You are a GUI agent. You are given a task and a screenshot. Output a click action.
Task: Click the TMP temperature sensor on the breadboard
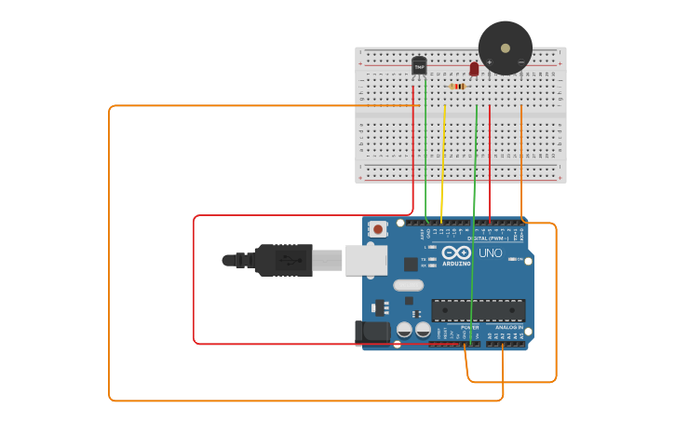tap(419, 66)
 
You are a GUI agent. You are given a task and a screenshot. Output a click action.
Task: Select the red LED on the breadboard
tap(474, 69)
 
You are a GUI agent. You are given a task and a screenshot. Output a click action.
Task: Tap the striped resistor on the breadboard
tap(457, 87)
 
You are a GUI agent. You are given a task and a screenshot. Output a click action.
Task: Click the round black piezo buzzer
tap(506, 48)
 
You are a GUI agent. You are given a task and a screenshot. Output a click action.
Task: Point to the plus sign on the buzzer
tap(490, 62)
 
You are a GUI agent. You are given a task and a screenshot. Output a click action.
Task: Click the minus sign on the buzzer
tap(520, 62)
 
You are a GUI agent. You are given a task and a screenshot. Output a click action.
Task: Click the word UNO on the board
tap(490, 253)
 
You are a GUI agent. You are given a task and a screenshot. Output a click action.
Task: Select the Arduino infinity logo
tap(457, 252)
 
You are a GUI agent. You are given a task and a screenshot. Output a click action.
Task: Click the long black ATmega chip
tap(478, 310)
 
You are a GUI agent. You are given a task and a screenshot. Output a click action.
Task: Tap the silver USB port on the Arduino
tap(366, 260)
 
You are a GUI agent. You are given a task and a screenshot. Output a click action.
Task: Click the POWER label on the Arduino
tap(469, 327)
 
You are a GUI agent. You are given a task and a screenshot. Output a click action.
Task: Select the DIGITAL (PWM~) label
tap(494, 238)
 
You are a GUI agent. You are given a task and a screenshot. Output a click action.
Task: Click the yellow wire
tap(443, 163)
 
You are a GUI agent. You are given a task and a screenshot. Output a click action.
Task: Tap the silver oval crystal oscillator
tap(409, 285)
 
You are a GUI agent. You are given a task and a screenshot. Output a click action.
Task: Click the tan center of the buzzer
tap(506, 48)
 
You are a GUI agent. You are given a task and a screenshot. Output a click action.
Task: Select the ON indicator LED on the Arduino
tap(511, 259)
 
